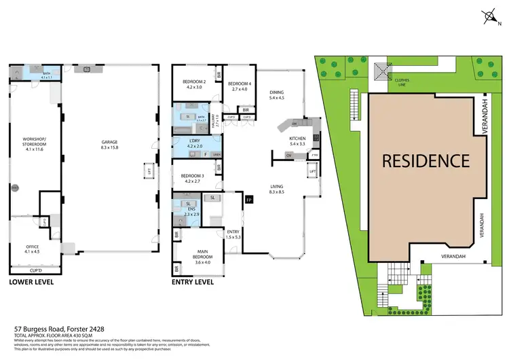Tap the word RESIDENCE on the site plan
click(425, 161)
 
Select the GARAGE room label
click(109, 143)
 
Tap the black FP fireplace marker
click(248, 200)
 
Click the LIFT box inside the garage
click(147, 172)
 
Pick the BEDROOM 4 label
click(240, 84)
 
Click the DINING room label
click(276, 94)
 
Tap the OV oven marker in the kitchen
click(288, 156)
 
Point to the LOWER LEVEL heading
click(31, 281)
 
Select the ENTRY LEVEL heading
click(195, 281)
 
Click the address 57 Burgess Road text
click(55, 327)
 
